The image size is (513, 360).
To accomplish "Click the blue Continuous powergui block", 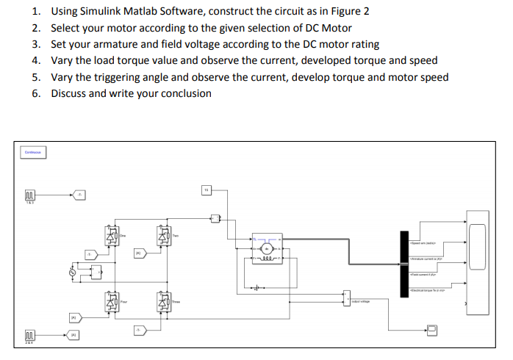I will click(x=32, y=152).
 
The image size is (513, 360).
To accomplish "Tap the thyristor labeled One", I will click(x=112, y=237).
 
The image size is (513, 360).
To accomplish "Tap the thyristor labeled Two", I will click(x=164, y=237).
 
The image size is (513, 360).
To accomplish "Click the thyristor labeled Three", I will click(x=164, y=301).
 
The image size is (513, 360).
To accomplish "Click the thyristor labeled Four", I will click(x=112, y=301).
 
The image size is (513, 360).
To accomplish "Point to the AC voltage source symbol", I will click(x=72, y=273).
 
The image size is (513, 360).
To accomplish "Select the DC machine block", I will click(x=268, y=249).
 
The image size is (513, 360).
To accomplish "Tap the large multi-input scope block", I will click(x=477, y=261).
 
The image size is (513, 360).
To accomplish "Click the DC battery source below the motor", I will click(x=256, y=287).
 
